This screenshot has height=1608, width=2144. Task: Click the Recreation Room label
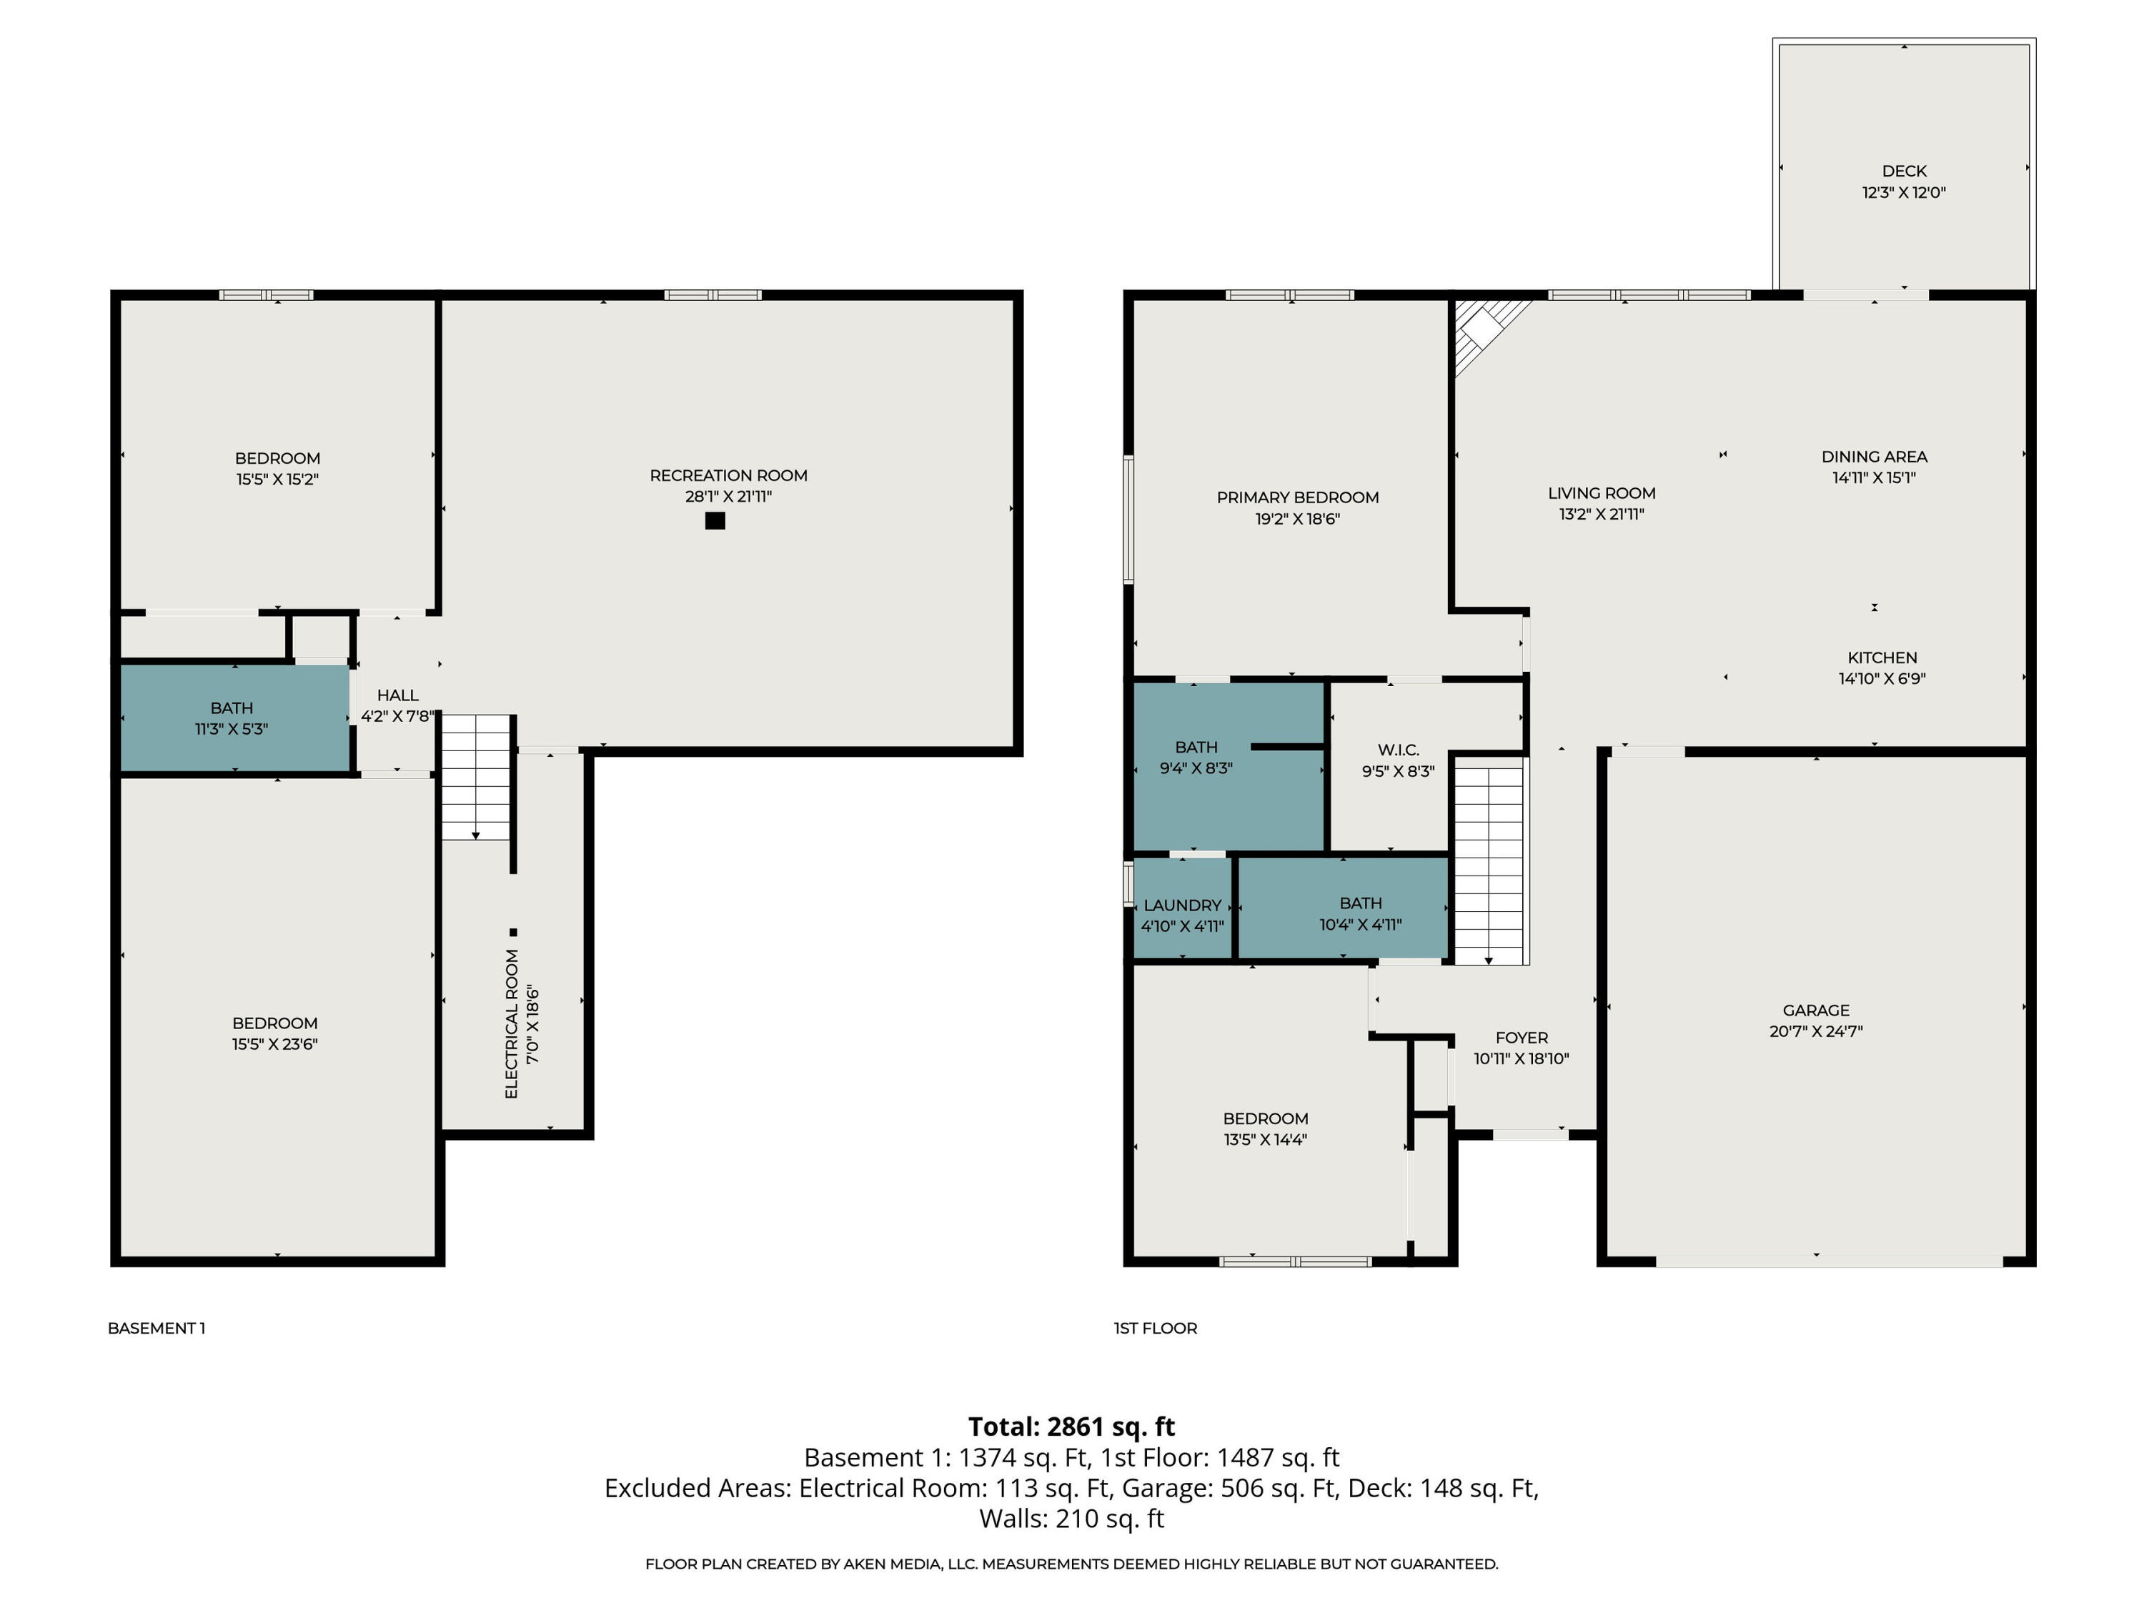(728, 475)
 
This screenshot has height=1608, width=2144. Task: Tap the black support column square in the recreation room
(715, 520)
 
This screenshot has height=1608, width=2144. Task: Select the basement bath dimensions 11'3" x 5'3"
(231, 729)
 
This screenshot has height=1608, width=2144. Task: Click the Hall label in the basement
(397, 695)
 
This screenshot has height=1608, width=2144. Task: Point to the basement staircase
(476, 778)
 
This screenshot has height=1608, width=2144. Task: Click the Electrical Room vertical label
(512, 1023)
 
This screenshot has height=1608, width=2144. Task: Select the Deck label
(1904, 171)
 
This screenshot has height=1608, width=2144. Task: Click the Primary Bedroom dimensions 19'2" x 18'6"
(1297, 519)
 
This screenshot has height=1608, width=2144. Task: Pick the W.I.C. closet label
(1398, 749)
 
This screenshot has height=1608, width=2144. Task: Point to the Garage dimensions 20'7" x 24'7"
(1815, 1031)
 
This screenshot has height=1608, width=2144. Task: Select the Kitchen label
(1881, 657)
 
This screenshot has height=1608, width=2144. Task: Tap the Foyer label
(1521, 1037)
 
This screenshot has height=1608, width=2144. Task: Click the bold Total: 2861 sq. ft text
(1071, 1426)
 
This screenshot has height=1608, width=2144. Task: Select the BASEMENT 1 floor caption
(156, 1328)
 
